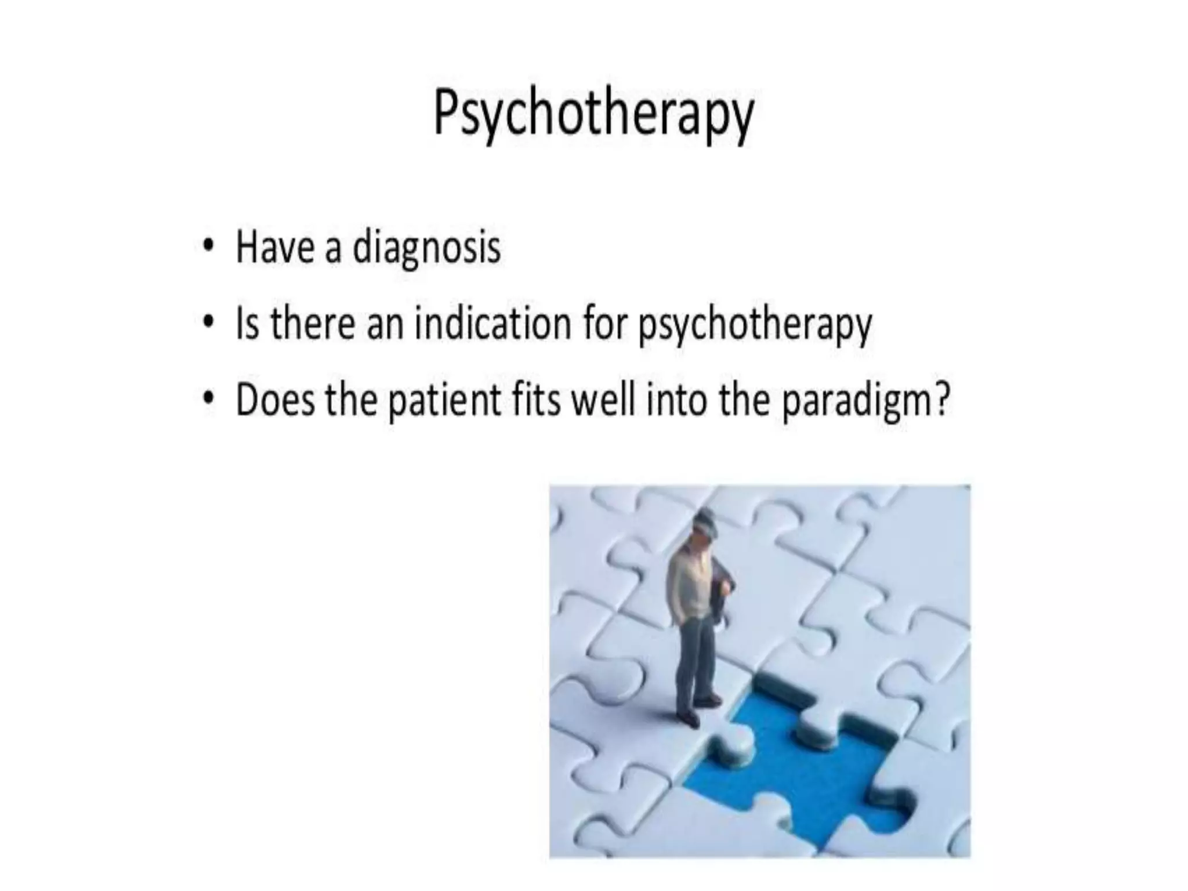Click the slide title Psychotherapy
pyautogui.click(x=593, y=113)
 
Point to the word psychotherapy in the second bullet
pyautogui.click(x=755, y=325)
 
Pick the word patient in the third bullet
pyautogui.click(x=444, y=400)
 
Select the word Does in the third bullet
pyautogui.click(x=276, y=400)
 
